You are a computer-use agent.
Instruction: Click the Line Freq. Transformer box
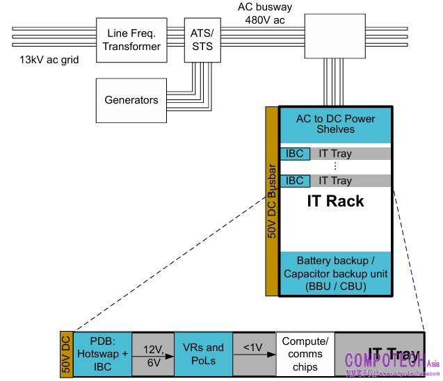(134, 39)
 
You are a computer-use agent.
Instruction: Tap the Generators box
(131, 100)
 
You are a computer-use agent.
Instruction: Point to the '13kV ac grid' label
(49, 60)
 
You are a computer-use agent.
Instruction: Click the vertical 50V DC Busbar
(271, 202)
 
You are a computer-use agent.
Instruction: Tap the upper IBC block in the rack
(295, 154)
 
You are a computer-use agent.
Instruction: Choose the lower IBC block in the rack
(295, 181)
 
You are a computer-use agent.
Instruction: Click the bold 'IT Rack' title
(335, 202)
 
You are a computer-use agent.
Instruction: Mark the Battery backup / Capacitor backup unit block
(335, 273)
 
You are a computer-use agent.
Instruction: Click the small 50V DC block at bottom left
(66, 354)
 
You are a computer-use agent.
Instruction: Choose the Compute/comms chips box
(305, 354)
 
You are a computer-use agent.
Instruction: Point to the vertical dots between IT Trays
(335, 167)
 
